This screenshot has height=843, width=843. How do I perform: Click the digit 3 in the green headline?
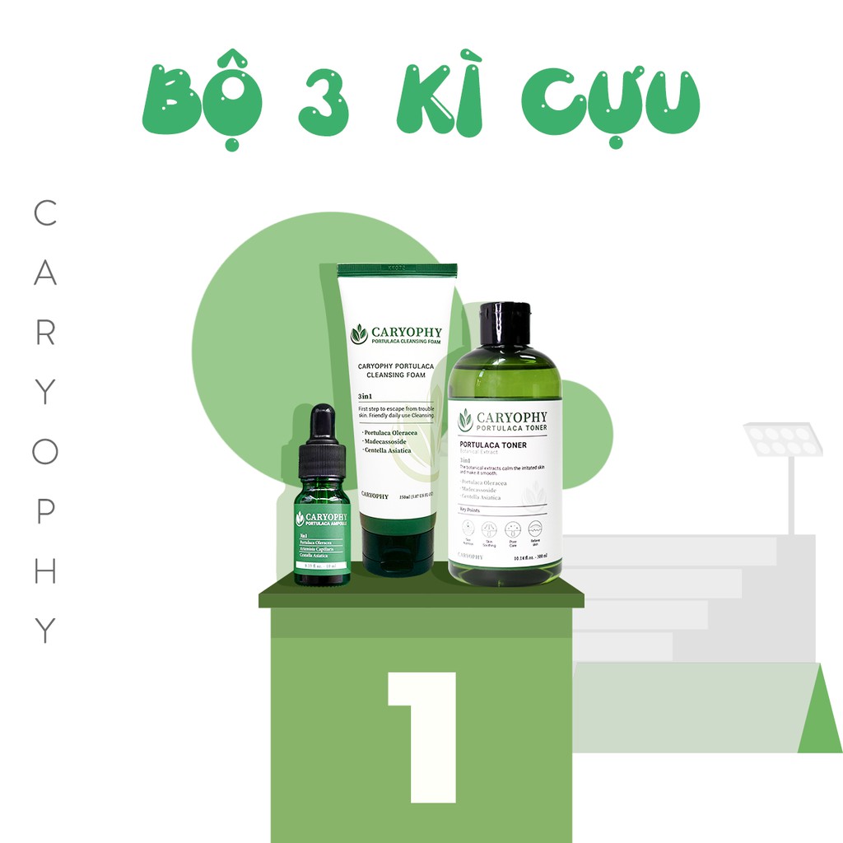(x=324, y=103)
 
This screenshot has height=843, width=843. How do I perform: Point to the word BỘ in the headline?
(x=201, y=100)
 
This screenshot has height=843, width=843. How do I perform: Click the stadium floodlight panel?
(x=783, y=440)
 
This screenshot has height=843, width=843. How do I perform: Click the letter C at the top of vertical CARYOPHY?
(x=45, y=213)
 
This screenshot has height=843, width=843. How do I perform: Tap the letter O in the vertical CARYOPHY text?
(x=45, y=451)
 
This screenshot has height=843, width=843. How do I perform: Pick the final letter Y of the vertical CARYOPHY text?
(x=45, y=631)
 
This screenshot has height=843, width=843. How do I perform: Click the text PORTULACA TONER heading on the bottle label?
(x=492, y=445)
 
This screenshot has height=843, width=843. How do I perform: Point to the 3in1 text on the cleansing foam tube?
(x=368, y=396)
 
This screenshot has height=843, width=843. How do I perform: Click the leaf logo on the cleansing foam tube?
(x=359, y=334)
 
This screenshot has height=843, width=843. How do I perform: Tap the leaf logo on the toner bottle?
(x=465, y=420)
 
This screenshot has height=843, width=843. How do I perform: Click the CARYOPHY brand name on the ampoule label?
(x=327, y=515)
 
